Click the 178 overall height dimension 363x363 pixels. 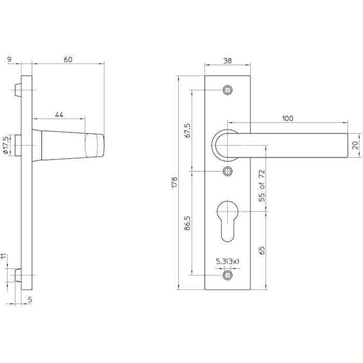[x=175, y=182]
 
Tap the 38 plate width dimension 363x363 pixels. [x=228, y=60]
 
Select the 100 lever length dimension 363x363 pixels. [x=288, y=118]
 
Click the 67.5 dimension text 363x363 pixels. [x=188, y=130]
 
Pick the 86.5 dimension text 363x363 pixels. [x=188, y=224]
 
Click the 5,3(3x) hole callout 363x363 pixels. [x=227, y=263]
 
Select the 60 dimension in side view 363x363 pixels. [x=67, y=60]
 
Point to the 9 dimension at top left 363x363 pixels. [x=10, y=60]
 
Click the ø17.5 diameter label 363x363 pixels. [x=6, y=146]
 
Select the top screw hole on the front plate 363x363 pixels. [x=228, y=90]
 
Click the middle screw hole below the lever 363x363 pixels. [x=228, y=171]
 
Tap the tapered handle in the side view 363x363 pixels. [x=67, y=145]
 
